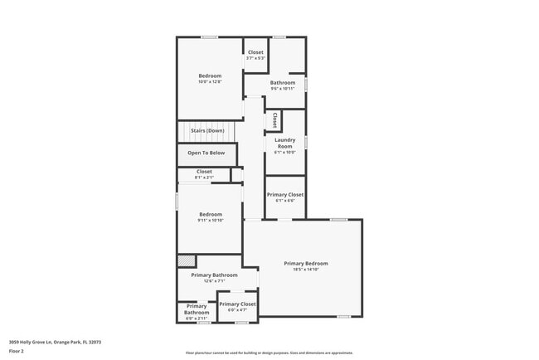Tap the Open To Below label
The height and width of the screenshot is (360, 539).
206,153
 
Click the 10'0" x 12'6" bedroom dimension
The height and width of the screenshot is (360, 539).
210,82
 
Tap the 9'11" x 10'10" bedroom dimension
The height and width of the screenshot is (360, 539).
211,221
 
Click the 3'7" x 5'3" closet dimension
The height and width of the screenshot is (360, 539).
255,58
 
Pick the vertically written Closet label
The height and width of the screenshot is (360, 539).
274,119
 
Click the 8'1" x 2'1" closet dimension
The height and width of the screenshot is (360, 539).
204,178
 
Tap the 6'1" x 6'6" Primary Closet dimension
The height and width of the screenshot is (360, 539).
284,201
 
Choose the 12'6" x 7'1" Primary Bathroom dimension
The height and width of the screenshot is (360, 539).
214,281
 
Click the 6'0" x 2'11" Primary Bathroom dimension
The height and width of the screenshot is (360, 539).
197,319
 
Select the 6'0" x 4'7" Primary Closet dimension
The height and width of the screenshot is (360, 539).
236,310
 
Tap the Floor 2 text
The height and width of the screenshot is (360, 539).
16,351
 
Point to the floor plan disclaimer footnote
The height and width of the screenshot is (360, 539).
269,352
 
